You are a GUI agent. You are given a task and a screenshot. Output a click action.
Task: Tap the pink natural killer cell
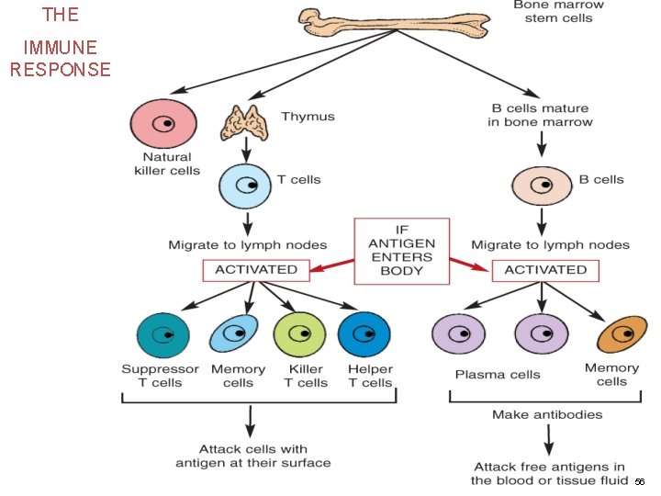pyautogui.click(x=163, y=123)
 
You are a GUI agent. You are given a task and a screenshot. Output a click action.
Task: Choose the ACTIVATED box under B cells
pyautogui.click(x=545, y=270)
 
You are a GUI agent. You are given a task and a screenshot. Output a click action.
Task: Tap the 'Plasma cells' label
pyautogui.click(x=498, y=375)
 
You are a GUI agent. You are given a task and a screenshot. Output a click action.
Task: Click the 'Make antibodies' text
pyautogui.click(x=547, y=415)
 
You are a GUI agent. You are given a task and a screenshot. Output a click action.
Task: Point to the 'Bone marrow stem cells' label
pyautogui.click(x=553, y=11)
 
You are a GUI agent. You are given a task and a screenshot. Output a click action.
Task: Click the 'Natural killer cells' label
pyautogui.click(x=166, y=163)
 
